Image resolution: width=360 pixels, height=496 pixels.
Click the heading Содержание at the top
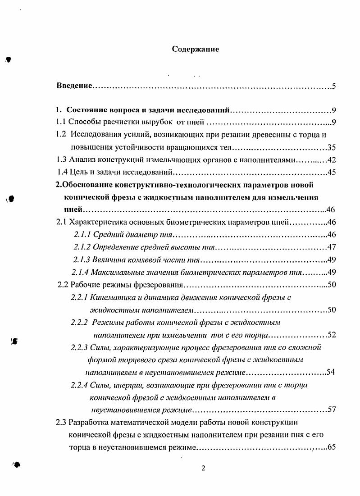pyautogui.click(x=196, y=50)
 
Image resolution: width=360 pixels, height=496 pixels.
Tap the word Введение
pyautogui.click(x=74, y=86)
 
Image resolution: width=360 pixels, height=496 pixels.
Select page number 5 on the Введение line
pyautogui.click(x=333, y=86)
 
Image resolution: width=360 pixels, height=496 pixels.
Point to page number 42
pyautogui.click(x=332, y=159)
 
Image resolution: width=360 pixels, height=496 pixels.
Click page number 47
pyautogui.click(x=332, y=247)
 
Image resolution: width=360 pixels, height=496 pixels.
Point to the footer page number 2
pyautogui.click(x=203, y=468)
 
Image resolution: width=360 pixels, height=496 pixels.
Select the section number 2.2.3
pyautogui.click(x=79, y=347)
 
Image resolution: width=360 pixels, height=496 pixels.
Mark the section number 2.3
pyautogui.click(x=61, y=422)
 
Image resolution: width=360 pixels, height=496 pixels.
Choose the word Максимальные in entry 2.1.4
pyautogui.click(x=118, y=272)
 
